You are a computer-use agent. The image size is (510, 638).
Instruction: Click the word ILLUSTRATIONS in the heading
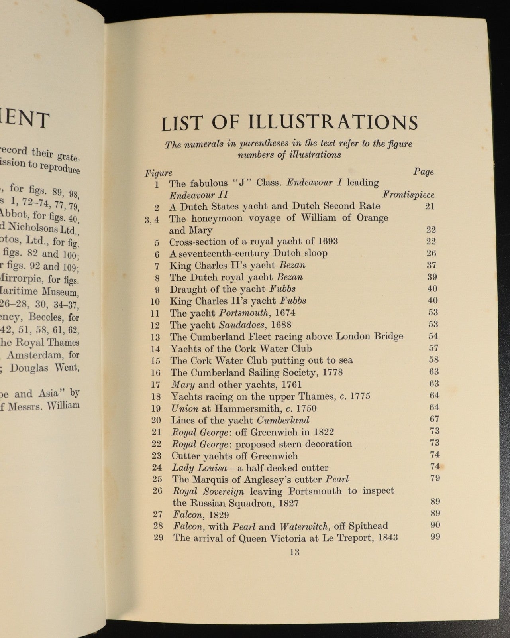click(x=333, y=122)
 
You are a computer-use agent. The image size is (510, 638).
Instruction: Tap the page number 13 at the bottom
click(x=295, y=552)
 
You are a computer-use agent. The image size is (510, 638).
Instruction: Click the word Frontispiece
click(x=408, y=195)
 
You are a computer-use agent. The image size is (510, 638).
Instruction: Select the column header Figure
click(x=158, y=173)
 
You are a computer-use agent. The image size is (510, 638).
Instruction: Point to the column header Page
click(x=423, y=172)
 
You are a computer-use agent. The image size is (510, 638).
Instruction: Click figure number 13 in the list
click(x=155, y=337)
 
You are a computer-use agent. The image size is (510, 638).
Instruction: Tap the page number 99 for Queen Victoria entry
click(x=435, y=537)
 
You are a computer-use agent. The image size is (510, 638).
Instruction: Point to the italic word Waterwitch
click(x=304, y=526)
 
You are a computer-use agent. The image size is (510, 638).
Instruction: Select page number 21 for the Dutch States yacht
click(x=430, y=206)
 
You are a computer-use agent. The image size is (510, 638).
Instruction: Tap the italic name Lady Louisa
click(x=190, y=467)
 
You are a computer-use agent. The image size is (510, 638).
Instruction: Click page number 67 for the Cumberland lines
click(x=434, y=419)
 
